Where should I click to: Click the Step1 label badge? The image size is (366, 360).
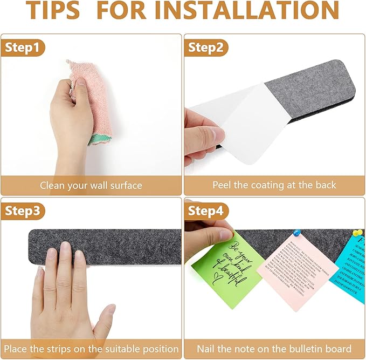tap(22, 47)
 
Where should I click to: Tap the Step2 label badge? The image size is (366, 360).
tap(205, 47)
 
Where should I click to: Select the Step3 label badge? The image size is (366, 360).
tap(22, 211)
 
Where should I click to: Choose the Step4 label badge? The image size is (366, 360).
tap(205, 211)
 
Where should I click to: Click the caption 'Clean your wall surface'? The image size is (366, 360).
tap(91, 186)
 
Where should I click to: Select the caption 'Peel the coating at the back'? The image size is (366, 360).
tap(274, 186)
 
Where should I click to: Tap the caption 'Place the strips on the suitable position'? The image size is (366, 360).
tap(91, 349)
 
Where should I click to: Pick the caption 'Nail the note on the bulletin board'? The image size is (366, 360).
tap(274, 349)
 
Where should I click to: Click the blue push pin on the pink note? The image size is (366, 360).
tap(296, 233)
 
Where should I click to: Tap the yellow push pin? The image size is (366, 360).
tap(356, 233)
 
